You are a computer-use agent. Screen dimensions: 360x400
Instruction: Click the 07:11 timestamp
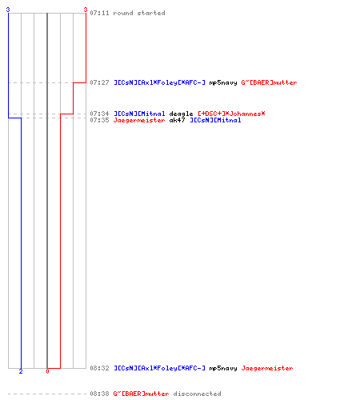pos(99,13)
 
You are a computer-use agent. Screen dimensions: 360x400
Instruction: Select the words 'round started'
pos(139,13)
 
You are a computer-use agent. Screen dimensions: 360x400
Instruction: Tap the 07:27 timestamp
pos(99,82)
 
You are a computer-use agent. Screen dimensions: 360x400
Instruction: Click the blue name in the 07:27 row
pos(159,82)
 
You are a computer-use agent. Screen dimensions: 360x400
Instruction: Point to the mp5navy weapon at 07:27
pos(223,82)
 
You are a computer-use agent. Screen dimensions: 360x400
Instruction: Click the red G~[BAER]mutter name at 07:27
pos(269,82)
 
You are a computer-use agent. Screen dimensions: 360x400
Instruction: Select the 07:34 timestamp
pos(99,114)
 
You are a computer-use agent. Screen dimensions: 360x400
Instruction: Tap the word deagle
pos(181,114)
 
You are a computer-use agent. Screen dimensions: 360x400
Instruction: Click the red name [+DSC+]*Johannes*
pos(231,114)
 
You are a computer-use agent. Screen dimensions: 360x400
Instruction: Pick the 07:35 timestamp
pos(99,120)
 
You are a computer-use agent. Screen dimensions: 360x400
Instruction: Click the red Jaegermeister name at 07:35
pos(139,120)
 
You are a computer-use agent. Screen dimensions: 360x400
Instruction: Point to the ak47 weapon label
pos(177,120)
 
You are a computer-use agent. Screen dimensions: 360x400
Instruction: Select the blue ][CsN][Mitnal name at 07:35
pos(215,120)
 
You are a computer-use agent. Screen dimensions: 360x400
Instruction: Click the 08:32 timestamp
pos(99,368)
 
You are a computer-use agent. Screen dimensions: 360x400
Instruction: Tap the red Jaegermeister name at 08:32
pos(267,368)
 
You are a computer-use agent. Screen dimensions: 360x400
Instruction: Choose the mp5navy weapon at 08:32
pos(223,368)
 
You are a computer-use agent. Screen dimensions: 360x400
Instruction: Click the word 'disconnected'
pos(197,394)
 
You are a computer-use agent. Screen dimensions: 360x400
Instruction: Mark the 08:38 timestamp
pos(99,394)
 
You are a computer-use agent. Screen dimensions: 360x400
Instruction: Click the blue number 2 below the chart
pos(21,371)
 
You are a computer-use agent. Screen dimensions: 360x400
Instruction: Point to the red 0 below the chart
pos(47,371)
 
